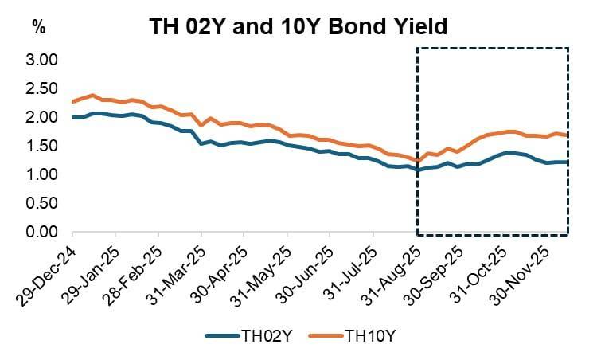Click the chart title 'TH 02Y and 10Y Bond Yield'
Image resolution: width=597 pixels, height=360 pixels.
tap(298, 26)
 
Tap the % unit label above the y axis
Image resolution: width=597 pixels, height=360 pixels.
tap(38, 25)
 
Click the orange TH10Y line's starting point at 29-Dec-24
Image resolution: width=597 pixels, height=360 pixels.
tap(72, 101)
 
